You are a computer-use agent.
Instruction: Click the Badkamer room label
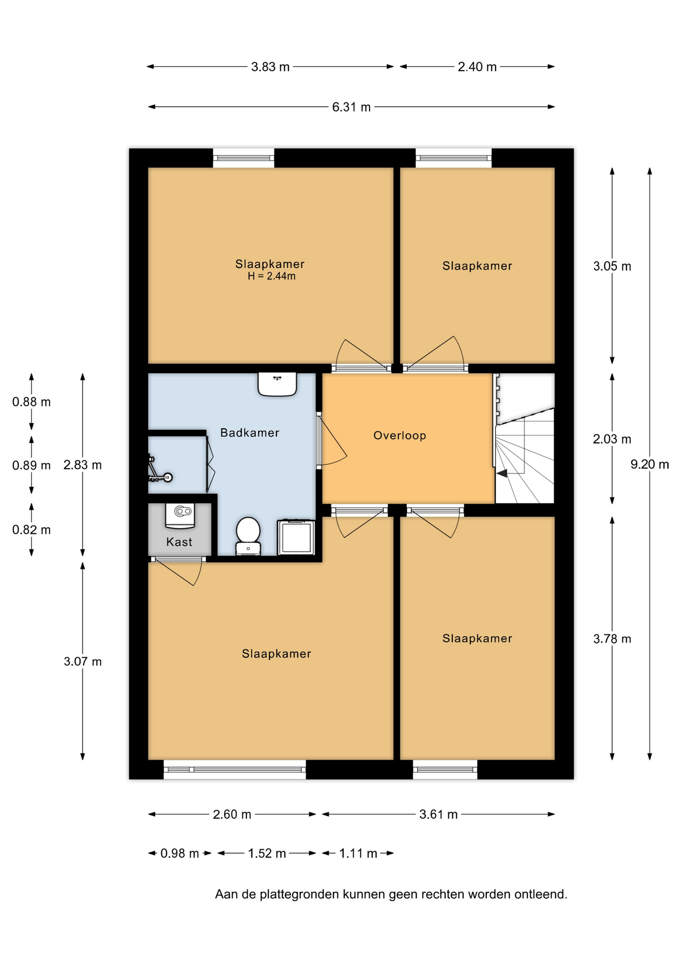point(250,432)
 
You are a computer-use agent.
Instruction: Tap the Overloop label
point(400,435)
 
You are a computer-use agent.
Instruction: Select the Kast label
point(179,542)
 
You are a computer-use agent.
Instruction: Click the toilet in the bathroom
point(248,536)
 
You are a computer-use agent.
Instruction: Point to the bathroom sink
point(277,384)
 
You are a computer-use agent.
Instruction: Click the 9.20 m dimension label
point(649,464)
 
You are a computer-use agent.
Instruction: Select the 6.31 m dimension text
point(351,107)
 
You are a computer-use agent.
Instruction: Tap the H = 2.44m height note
point(271,276)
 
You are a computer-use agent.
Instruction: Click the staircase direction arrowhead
point(501,472)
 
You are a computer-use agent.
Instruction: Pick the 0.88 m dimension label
point(32,402)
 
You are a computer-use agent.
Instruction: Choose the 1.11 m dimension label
point(358,853)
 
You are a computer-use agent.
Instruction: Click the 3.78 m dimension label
point(612,638)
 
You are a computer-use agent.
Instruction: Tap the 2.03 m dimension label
point(612,439)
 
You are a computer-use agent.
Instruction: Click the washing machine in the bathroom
point(296,537)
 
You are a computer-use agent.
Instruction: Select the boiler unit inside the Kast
point(180,516)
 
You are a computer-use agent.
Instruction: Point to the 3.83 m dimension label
point(270,67)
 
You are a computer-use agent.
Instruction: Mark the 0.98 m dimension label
point(180,853)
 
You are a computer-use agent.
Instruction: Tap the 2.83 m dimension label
point(82,465)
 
